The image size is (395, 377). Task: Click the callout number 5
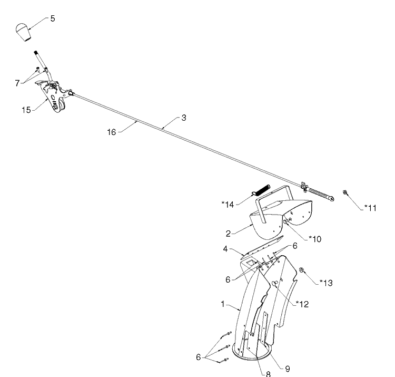(53, 18)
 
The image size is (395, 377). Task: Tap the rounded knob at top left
(23, 32)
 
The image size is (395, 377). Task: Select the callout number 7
(17, 83)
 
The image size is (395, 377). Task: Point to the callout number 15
(26, 110)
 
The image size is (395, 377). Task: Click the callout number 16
(112, 132)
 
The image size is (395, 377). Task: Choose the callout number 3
(184, 118)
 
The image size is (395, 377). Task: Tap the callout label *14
(228, 205)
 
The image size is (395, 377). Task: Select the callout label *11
(370, 208)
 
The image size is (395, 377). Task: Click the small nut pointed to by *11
(345, 192)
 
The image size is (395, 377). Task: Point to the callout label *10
(315, 239)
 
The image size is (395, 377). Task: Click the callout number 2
(228, 234)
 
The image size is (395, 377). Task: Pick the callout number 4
(225, 249)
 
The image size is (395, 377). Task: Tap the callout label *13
(326, 283)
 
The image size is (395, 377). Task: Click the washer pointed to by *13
(301, 270)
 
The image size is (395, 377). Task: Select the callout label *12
(302, 304)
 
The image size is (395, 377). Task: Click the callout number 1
(223, 304)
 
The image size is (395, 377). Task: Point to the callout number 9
(288, 369)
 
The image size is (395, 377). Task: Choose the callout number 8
(268, 374)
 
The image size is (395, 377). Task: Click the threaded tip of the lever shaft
(36, 53)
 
